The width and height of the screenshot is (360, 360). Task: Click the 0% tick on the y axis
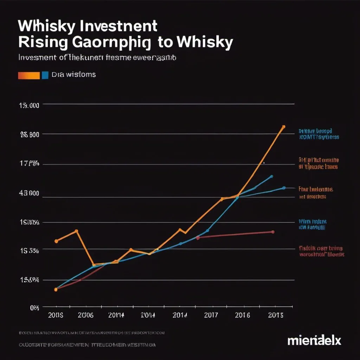[34, 308]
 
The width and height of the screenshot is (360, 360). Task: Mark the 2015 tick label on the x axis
[275, 315]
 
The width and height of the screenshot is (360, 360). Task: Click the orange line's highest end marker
[284, 127]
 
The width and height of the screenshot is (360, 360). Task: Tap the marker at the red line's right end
[273, 232]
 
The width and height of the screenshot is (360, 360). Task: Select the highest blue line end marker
[271, 176]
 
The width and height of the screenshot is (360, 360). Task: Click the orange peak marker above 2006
[77, 231]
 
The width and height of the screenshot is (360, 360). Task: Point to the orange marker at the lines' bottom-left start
[56, 290]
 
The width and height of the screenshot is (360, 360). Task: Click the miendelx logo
[314, 340]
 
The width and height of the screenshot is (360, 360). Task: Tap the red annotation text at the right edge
[321, 251]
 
